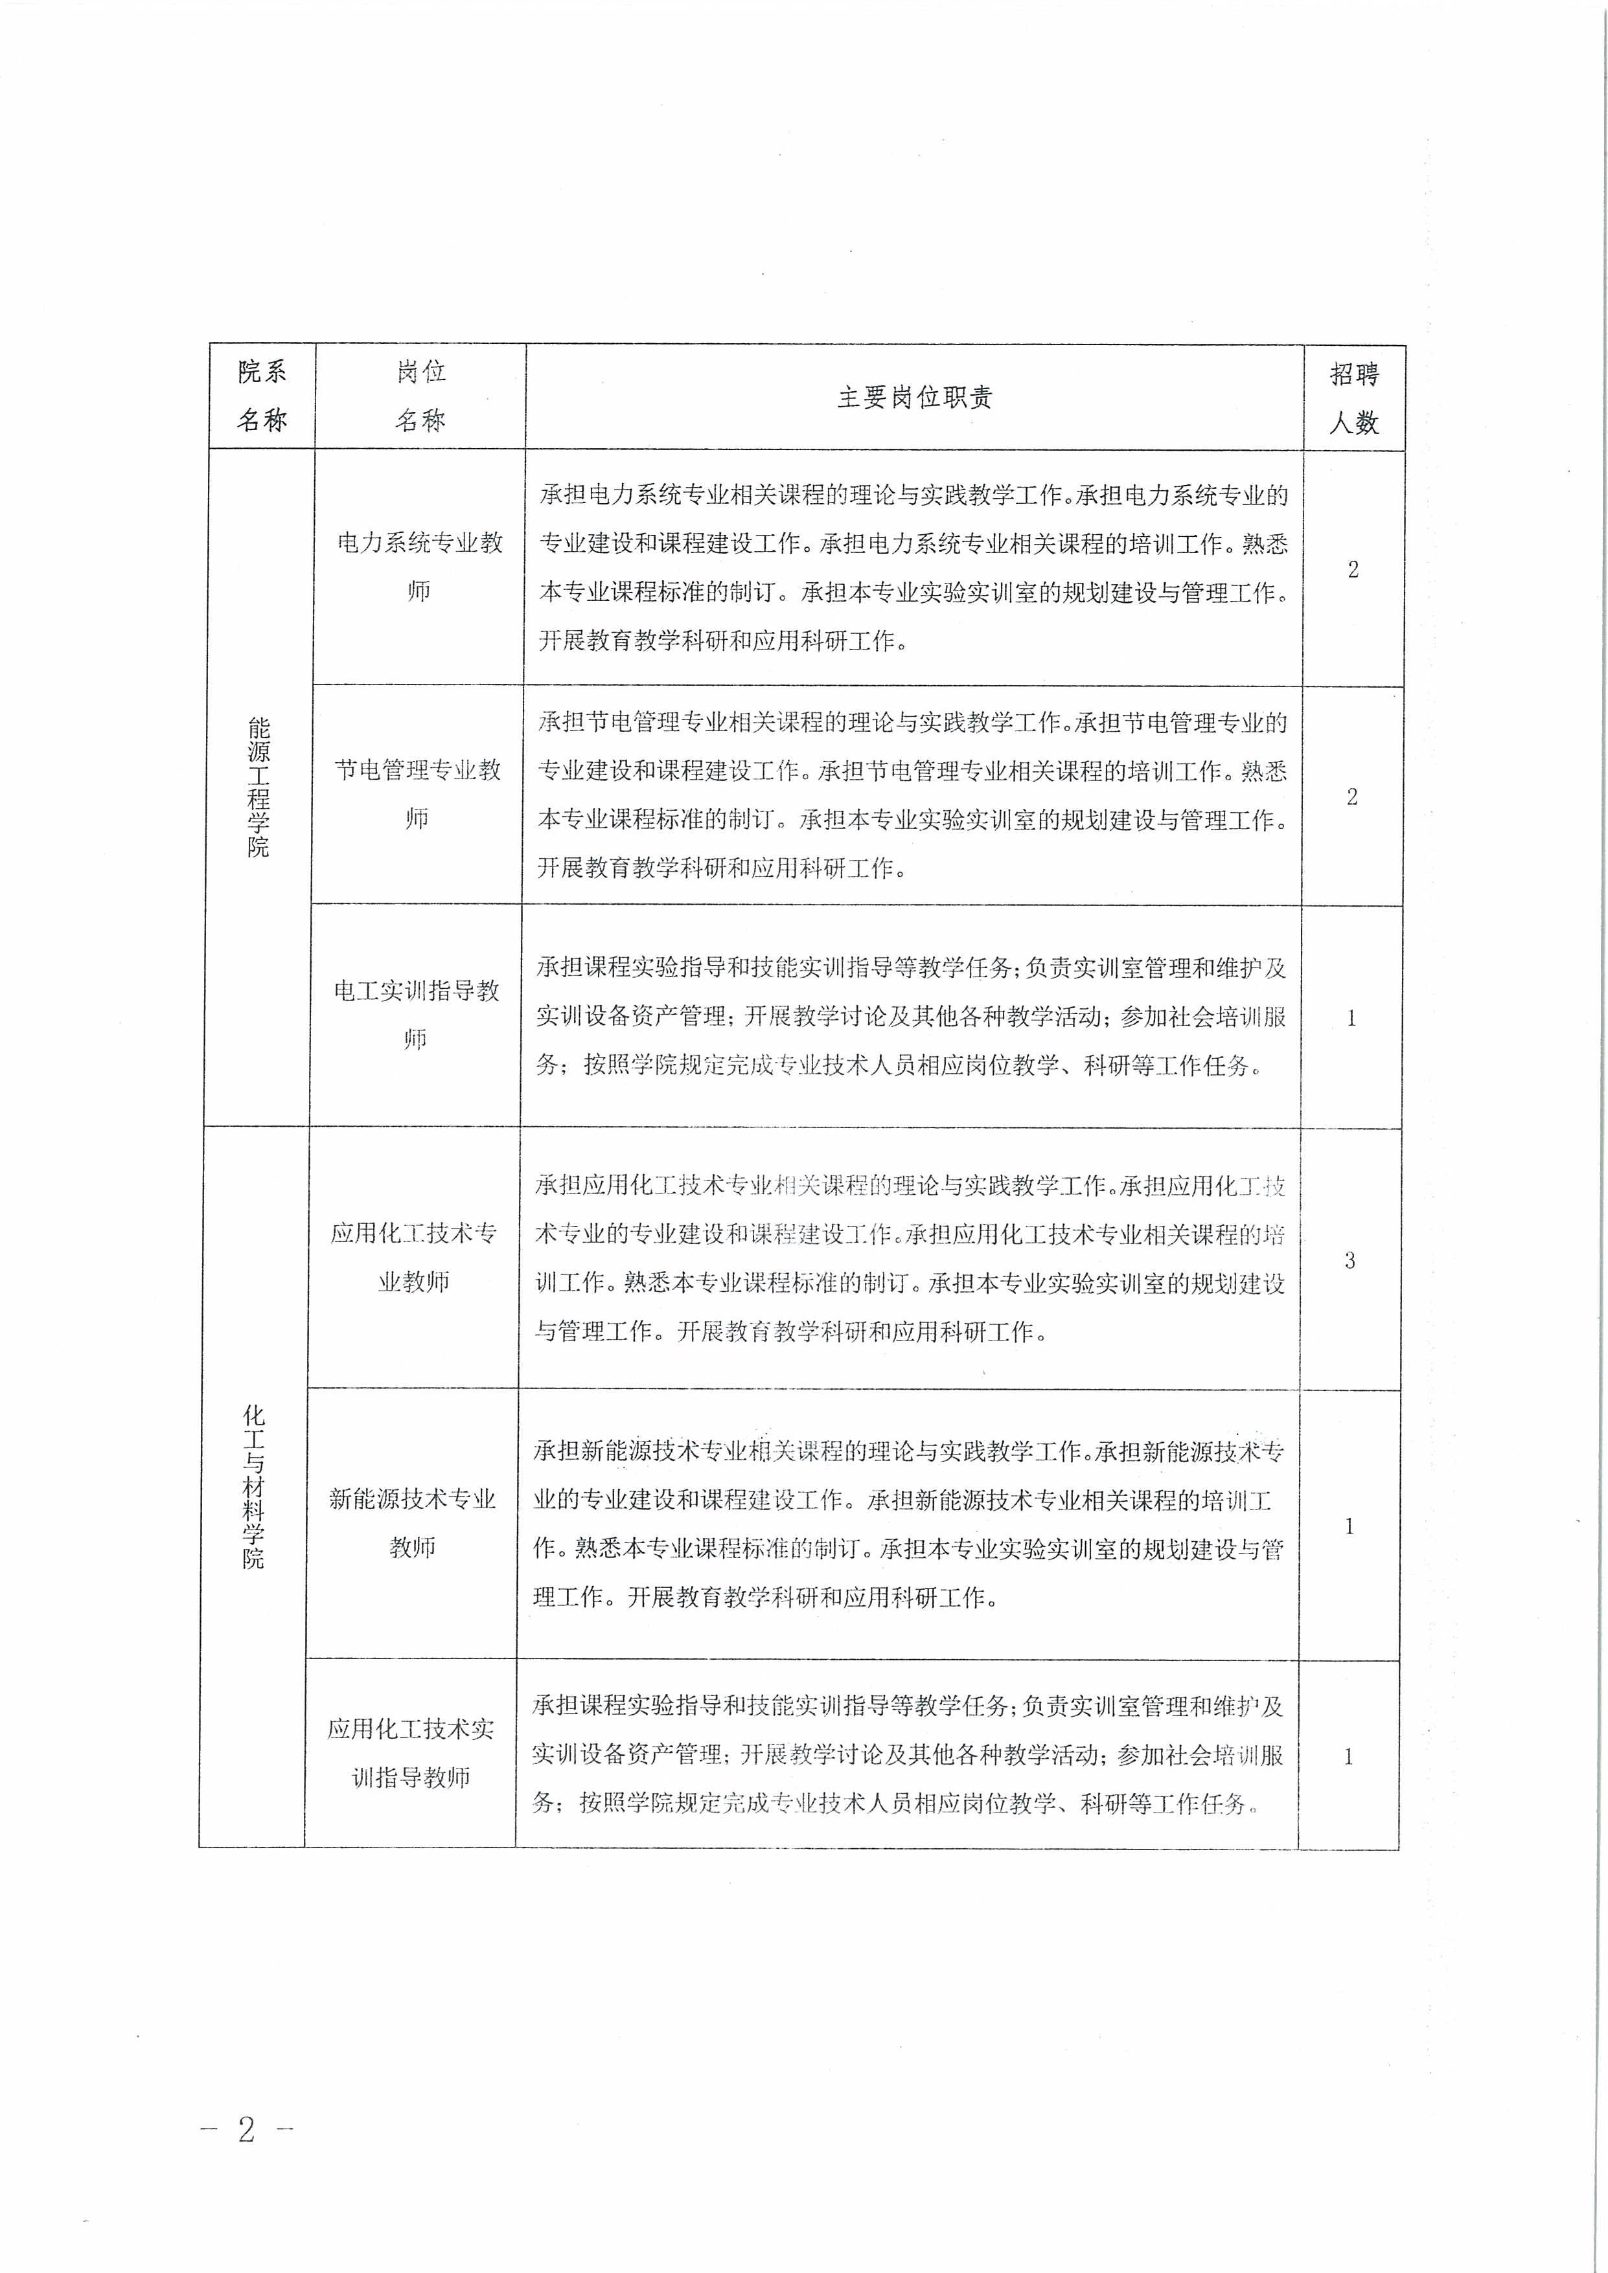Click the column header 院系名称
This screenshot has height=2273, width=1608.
(262, 396)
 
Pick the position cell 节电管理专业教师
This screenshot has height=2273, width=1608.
(418, 794)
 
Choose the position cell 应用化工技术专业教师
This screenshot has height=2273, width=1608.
(414, 1258)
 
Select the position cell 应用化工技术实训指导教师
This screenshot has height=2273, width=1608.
(411, 1752)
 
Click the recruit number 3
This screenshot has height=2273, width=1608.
(1350, 1260)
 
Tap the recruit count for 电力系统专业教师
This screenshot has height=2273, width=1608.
(1353, 569)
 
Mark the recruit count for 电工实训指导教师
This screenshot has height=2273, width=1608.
(1351, 1018)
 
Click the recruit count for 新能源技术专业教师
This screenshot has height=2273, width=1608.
(1349, 1526)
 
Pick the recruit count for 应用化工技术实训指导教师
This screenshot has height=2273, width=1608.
(1348, 1756)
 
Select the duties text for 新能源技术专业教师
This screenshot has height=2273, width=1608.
(908, 1524)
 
